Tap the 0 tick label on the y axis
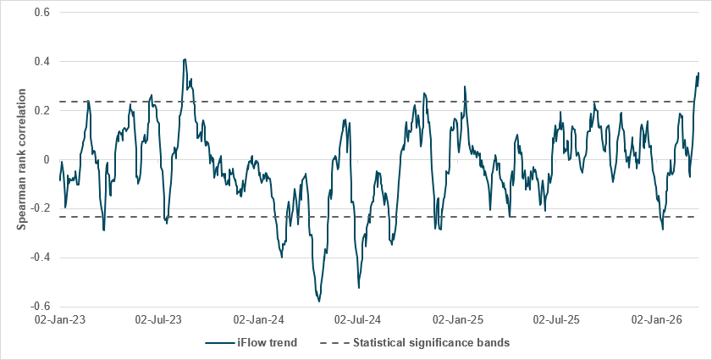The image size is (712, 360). coord(47,159)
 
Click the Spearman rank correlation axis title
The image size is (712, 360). coord(23,159)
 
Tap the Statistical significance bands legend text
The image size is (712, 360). coord(430,343)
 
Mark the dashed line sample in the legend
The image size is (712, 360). coord(332,343)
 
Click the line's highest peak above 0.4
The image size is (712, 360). coord(185,59)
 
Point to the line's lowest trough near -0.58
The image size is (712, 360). coord(319,301)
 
